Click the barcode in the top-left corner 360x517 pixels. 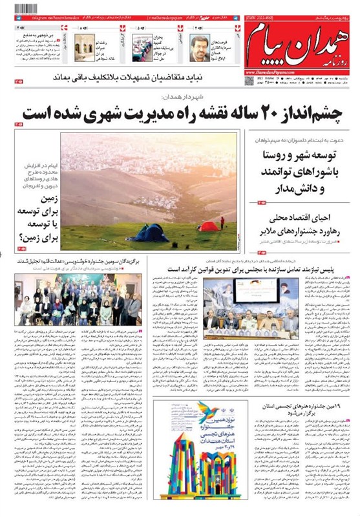[23, 10]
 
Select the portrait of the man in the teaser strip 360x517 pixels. [200, 47]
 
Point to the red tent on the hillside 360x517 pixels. [208, 226]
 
